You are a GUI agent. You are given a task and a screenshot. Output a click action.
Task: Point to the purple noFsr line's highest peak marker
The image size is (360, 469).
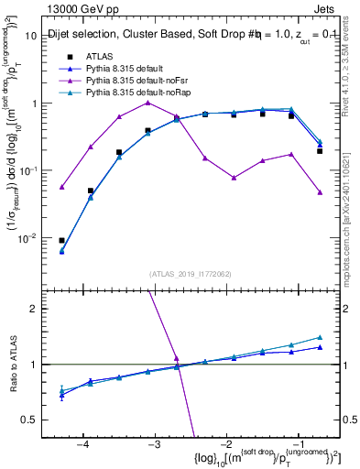147,103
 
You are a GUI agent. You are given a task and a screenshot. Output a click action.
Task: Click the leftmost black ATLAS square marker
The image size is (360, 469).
61,240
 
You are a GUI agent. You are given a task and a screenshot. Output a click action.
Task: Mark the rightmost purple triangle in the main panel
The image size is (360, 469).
320,192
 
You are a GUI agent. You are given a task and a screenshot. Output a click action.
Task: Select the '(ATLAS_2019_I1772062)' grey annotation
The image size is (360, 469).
191,273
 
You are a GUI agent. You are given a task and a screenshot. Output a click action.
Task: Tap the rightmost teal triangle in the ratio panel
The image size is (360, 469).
320,337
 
